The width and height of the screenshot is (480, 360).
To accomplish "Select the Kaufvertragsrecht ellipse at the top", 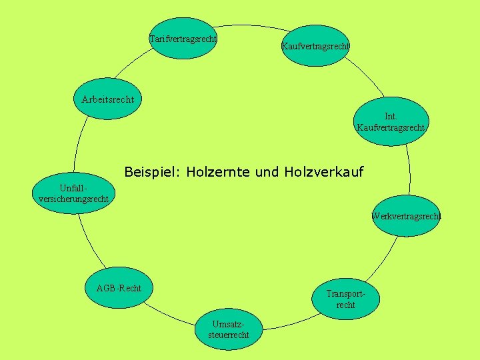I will tap(315, 46).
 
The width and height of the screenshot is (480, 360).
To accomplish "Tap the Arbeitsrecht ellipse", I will tap(107, 99).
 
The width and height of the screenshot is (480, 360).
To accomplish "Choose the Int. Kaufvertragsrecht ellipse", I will tap(391, 122).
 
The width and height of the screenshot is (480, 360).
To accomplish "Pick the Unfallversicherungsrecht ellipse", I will tap(74, 193).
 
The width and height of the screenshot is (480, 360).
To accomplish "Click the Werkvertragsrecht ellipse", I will tap(406, 216).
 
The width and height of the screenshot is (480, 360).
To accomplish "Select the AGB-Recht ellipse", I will tap(119, 288).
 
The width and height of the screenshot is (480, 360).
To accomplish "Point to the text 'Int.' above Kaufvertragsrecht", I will tap(391, 117).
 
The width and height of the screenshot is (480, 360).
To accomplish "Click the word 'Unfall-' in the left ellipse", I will tap(73, 188).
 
